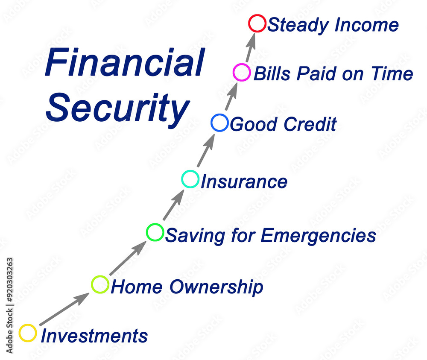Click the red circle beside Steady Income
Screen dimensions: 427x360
(x=249, y=23)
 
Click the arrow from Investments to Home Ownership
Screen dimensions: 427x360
(x=64, y=309)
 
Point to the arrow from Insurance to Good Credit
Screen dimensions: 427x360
(x=206, y=150)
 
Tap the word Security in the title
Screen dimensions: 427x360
(x=118, y=108)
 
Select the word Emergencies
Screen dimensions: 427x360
(x=319, y=235)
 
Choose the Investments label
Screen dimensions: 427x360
(x=94, y=336)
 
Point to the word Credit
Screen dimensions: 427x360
(x=310, y=124)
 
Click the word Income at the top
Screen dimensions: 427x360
(x=366, y=25)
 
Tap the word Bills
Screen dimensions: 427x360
(x=272, y=73)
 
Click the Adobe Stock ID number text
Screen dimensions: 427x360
(x=9, y=280)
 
